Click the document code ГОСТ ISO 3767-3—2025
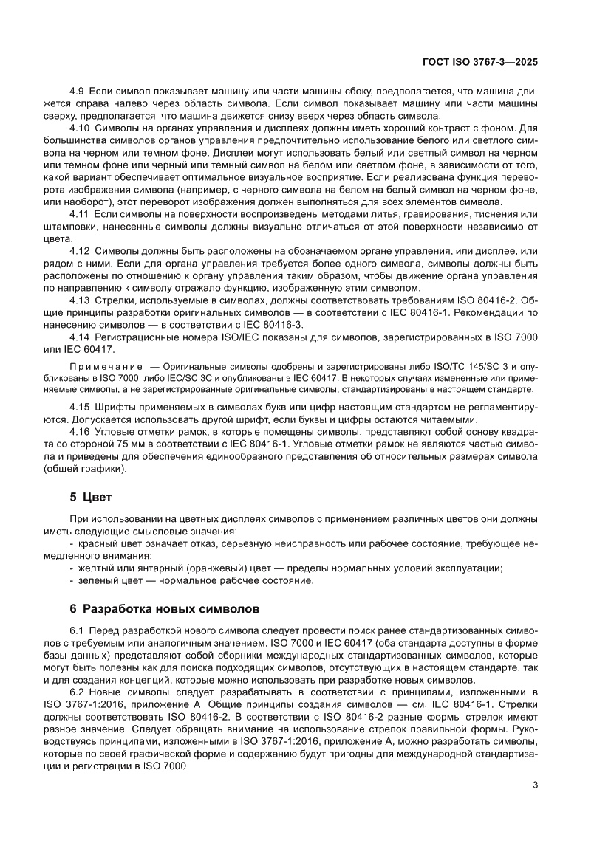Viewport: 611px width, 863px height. [479, 63]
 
